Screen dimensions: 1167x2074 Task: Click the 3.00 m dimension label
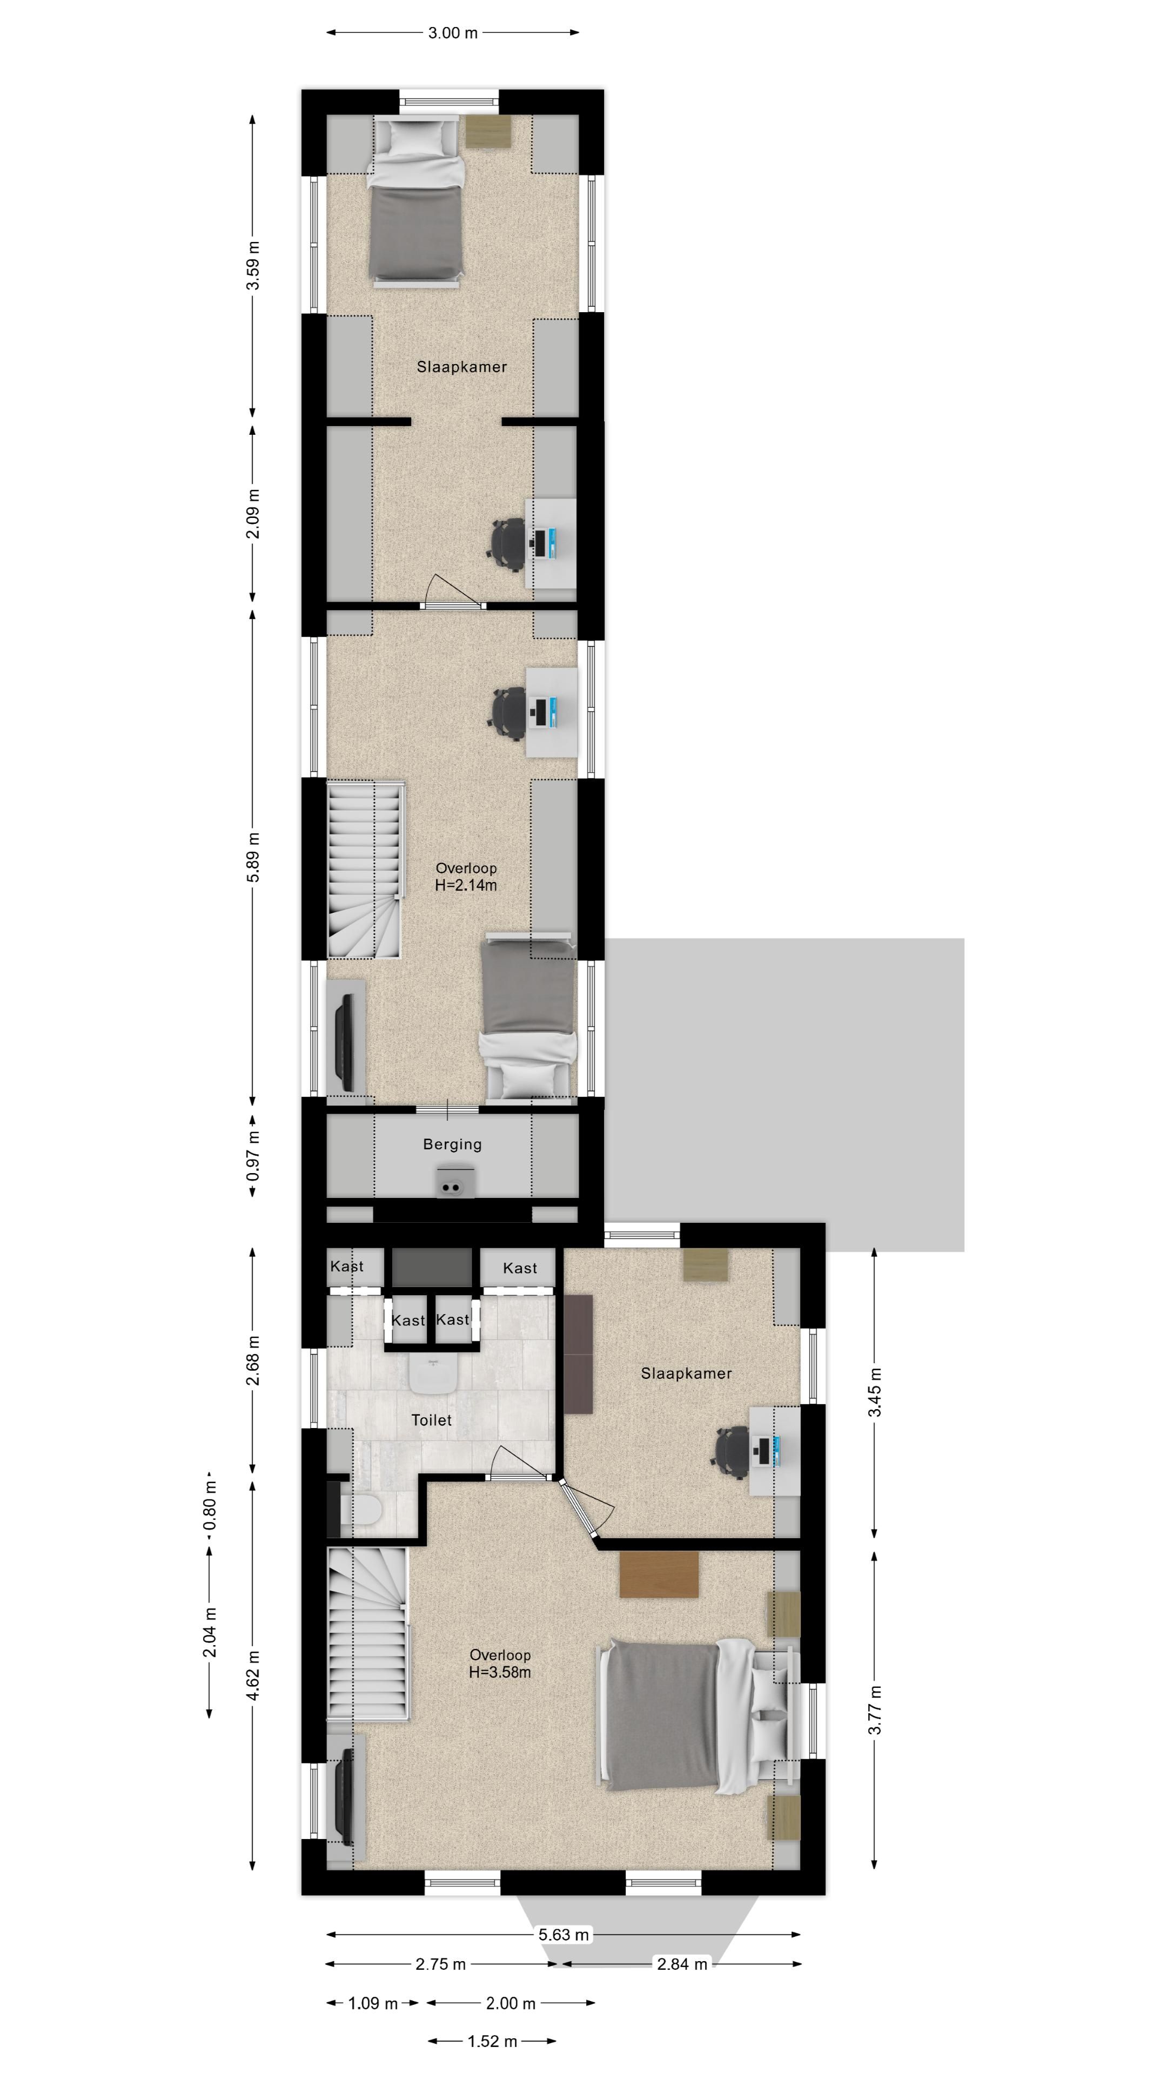(x=453, y=33)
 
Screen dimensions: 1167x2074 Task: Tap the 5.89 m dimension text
(x=253, y=856)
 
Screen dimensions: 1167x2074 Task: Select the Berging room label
(x=453, y=1144)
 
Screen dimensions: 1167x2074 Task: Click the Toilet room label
(x=432, y=1420)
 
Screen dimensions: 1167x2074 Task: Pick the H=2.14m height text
(x=466, y=885)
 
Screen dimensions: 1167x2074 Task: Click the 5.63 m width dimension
(x=564, y=1934)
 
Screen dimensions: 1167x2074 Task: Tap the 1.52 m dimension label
(x=492, y=2041)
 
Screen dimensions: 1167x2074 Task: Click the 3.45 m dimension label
(x=875, y=1393)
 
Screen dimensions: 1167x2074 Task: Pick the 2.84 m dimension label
(x=682, y=1964)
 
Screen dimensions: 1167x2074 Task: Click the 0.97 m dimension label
(x=253, y=1156)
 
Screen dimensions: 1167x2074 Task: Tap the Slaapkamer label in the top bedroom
(x=461, y=367)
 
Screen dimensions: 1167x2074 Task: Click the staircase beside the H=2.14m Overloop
(x=365, y=870)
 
